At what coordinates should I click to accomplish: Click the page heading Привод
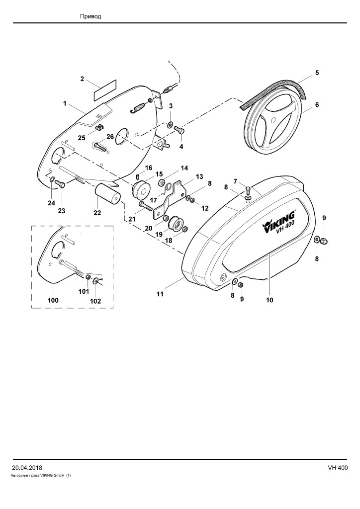pyautogui.click(x=90, y=16)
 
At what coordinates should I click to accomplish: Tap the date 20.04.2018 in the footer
pyautogui.click(x=27, y=468)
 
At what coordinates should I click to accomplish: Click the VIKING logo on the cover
pyautogui.click(x=279, y=221)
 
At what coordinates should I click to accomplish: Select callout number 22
pyautogui.click(x=97, y=213)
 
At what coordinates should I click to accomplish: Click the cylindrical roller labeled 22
pyautogui.click(x=107, y=195)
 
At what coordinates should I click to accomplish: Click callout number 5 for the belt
pyautogui.click(x=317, y=73)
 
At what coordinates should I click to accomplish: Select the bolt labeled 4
pyautogui.click(x=179, y=130)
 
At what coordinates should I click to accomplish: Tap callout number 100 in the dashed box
pyautogui.click(x=53, y=300)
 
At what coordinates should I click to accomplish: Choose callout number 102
pyautogui.click(x=95, y=301)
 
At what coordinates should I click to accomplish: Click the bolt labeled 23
pyautogui.click(x=60, y=184)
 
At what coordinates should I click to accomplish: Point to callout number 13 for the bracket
pyautogui.click(x=199, y=176)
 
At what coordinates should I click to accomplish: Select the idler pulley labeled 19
pyautogui.click(x=176, y=222)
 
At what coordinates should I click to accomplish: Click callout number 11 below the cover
pyautogui.click(x=160, y=294)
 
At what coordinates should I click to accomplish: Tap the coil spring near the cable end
pyautogui.click(x=138, y=108)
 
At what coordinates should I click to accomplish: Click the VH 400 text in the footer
pyautogui.click(x=338, y=468)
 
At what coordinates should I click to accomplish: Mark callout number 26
pyautogui.click(x=110, y=137)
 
